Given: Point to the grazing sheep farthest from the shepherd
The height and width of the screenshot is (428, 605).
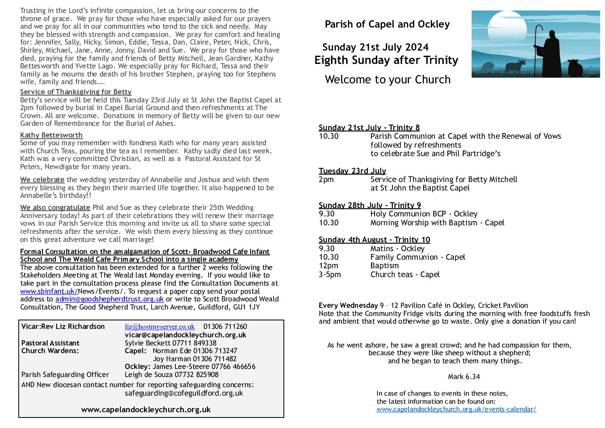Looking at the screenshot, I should click(x=487, y=66).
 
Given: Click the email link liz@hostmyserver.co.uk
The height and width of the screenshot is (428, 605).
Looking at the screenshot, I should click(x=160, y=326).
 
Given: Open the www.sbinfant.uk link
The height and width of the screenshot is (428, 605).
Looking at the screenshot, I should click(x=49, y=291).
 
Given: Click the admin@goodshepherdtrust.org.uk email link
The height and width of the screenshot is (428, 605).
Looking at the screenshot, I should click(x=110, y=299).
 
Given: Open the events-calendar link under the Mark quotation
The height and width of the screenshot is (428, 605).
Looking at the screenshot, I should click(x=456, y=409).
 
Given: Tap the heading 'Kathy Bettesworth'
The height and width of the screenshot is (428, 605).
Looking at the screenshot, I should click(x=51, y=135).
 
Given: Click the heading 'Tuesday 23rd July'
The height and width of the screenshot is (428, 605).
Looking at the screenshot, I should click(x=352, y=171).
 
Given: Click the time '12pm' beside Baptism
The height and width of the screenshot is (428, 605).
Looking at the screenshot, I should click(x=328, y=266).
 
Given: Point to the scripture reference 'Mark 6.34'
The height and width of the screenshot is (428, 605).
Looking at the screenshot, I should click(x=464, y=377).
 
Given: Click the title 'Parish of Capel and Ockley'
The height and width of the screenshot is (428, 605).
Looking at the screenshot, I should click(x=387, y=24).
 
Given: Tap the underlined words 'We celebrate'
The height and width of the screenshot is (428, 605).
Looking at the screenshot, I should click(x=42, y=180).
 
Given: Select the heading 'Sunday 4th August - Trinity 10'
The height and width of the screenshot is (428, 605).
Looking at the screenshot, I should click(x=374, y=240).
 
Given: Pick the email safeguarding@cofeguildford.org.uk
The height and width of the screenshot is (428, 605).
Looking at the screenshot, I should click(x=184, y=393).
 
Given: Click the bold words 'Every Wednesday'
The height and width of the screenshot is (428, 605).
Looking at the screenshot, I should click(x=348, y=305).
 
